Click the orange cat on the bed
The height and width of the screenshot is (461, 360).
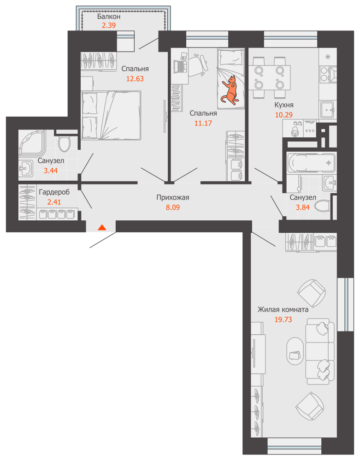point(230,90)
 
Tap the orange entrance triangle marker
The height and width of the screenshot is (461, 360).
point(102,227)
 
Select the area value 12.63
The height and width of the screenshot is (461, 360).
point(135,79)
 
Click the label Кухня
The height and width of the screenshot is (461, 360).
point(284,105)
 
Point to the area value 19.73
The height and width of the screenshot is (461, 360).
point(283,319)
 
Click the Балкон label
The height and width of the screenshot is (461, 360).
point(109,17)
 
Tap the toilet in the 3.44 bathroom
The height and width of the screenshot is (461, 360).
point(64,142)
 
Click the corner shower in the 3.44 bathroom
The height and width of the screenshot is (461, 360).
point(32,143)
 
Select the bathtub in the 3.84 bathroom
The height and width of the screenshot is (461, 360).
point(311,163)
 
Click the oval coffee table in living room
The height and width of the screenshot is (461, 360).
point(295,350)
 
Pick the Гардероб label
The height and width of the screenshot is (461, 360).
point(54,192)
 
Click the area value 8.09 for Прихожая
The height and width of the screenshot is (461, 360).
point(173,207)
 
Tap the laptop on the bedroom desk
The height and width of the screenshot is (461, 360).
point(180,64)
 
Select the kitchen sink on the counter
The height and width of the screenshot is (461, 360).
point(328,110)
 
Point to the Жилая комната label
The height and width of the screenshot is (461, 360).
point(283,310)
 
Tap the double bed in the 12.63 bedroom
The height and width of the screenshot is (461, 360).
point(111,115)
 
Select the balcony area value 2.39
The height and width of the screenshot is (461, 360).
point(109,25)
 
